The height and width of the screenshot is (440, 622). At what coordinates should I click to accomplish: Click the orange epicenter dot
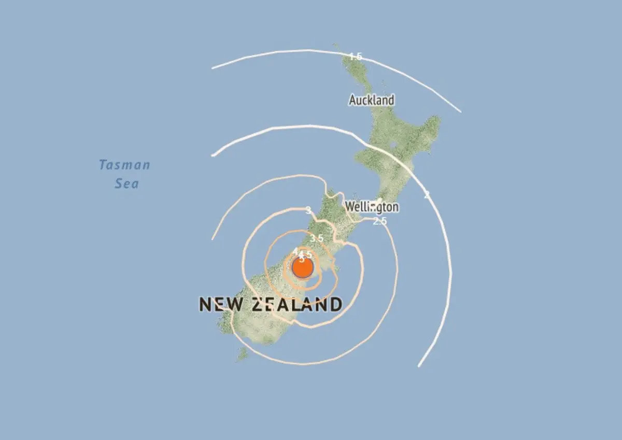pyautogui.click(x=302, y=268)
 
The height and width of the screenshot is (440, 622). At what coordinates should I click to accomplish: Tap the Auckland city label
pyautogui.click(x=371, y=100)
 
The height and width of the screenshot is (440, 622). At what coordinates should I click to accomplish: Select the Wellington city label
pyautogui.click(x=372, y=207)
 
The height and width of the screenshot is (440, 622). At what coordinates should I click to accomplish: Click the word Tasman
pyautogui.click(x=124, y=165)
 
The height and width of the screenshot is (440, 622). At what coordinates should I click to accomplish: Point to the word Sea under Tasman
pyautogui.click(x=127, y=183)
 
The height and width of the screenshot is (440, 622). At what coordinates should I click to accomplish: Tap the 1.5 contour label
pyautogui.click(x=355, y=56)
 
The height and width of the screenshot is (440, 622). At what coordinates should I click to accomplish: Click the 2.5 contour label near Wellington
pyautogui.click(x=380, y=221)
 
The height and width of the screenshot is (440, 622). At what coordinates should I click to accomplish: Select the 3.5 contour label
pyautogui.click(x=317, y=238)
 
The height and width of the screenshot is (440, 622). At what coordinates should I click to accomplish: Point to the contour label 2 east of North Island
pyautogui.click(x=427, y=195)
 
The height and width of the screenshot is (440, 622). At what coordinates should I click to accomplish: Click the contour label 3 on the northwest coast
pyautogui.click(x=308, y=210)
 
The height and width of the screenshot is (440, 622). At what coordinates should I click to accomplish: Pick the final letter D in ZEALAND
pyautogui.click(x=335, y=304)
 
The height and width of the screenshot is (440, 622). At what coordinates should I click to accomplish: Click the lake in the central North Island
pyautogui.click(x=392, y=145)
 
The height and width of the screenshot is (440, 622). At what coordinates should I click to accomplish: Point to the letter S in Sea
pyautogui.click(x=119, y=183)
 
